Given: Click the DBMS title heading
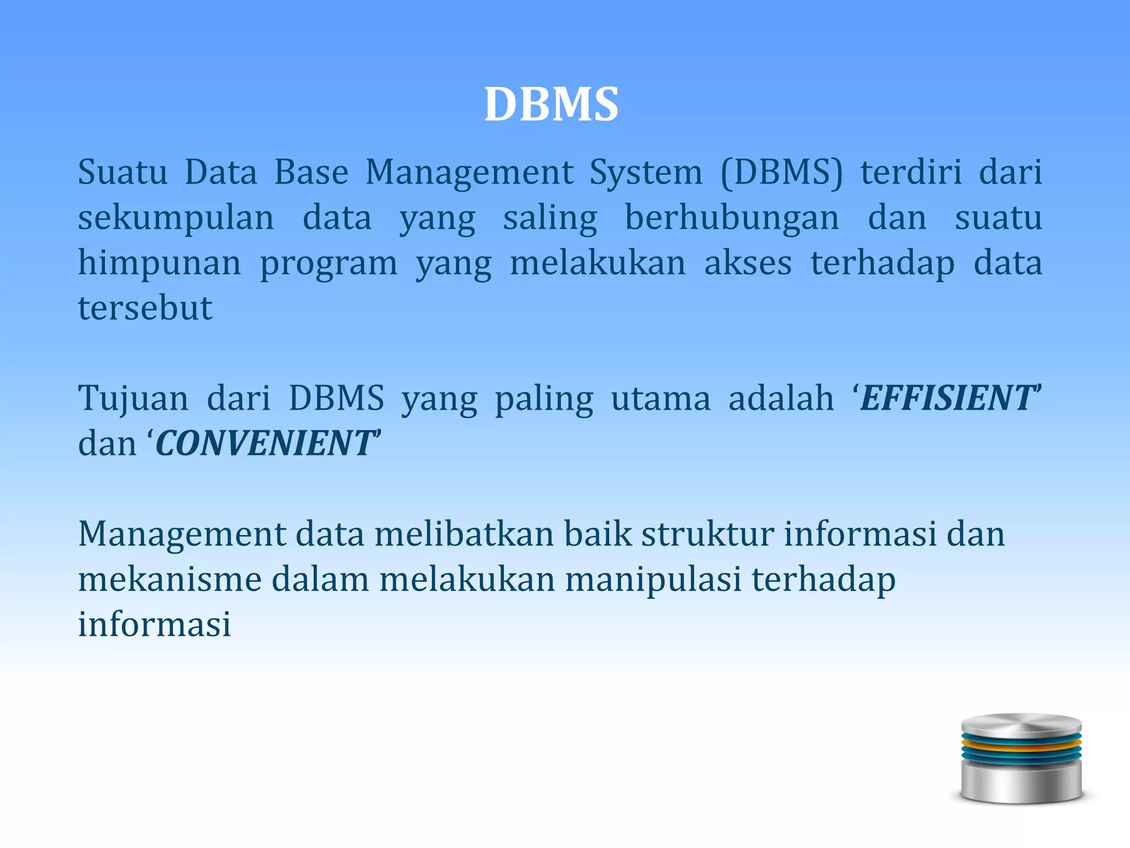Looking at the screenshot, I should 551,104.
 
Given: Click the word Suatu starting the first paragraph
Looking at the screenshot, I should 122,172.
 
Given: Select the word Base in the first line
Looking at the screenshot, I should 311,172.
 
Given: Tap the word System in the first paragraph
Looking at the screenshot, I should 646,172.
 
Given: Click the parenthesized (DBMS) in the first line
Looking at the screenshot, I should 782,172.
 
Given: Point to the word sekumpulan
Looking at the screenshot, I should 175,218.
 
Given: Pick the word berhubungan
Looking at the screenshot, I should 732,218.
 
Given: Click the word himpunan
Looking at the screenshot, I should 159,263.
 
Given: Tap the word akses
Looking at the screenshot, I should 748,263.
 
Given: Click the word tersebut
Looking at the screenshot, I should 145,308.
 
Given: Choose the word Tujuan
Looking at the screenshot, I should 133,399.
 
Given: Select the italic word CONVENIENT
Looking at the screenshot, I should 264,443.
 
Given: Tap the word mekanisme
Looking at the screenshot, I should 169,580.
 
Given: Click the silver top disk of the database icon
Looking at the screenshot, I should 1021,724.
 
